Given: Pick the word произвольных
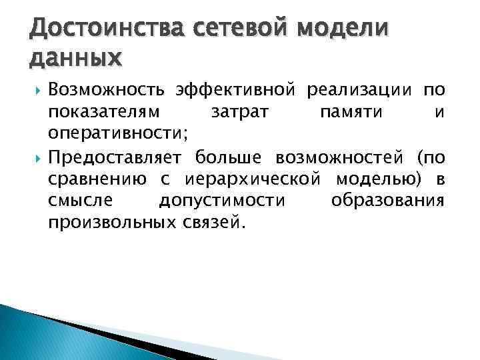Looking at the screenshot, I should pos(111,225).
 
